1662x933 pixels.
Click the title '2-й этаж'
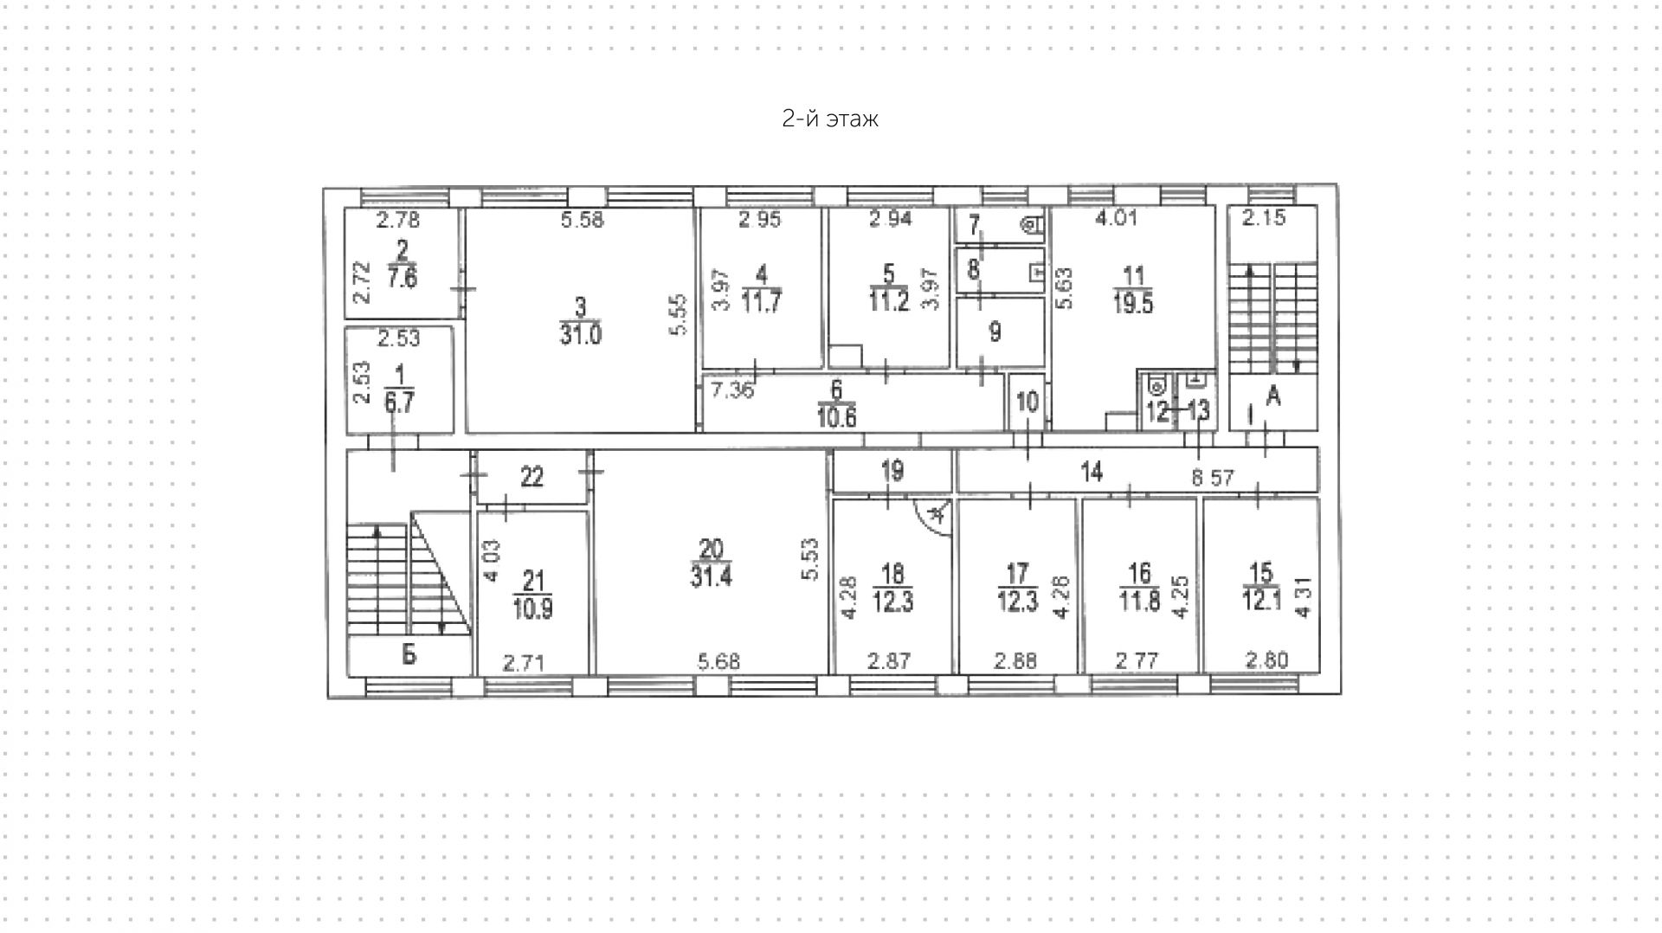[x=829, y=119]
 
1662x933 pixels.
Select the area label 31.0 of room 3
[x=580, y=334]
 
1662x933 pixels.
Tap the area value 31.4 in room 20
[x=711, y=576]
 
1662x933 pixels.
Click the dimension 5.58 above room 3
[x=582, y=220]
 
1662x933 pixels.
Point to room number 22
[x=531, y=476]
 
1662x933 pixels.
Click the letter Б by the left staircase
[x=409, y=654]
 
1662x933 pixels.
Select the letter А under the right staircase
[x=1273, y=396]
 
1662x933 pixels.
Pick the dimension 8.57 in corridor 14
[x=1212, y=478]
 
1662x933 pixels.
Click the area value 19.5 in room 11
[x=1132, y=304]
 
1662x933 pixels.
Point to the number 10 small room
[x=1027, y=402]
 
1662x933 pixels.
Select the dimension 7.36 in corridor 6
[x=732, y=390]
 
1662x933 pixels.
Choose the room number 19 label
[x=892, y=471]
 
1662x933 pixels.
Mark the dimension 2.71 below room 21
[x=524, y=664]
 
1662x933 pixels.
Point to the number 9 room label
[x=995, y=331]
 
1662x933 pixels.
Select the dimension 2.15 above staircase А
[x=1264, y=218]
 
